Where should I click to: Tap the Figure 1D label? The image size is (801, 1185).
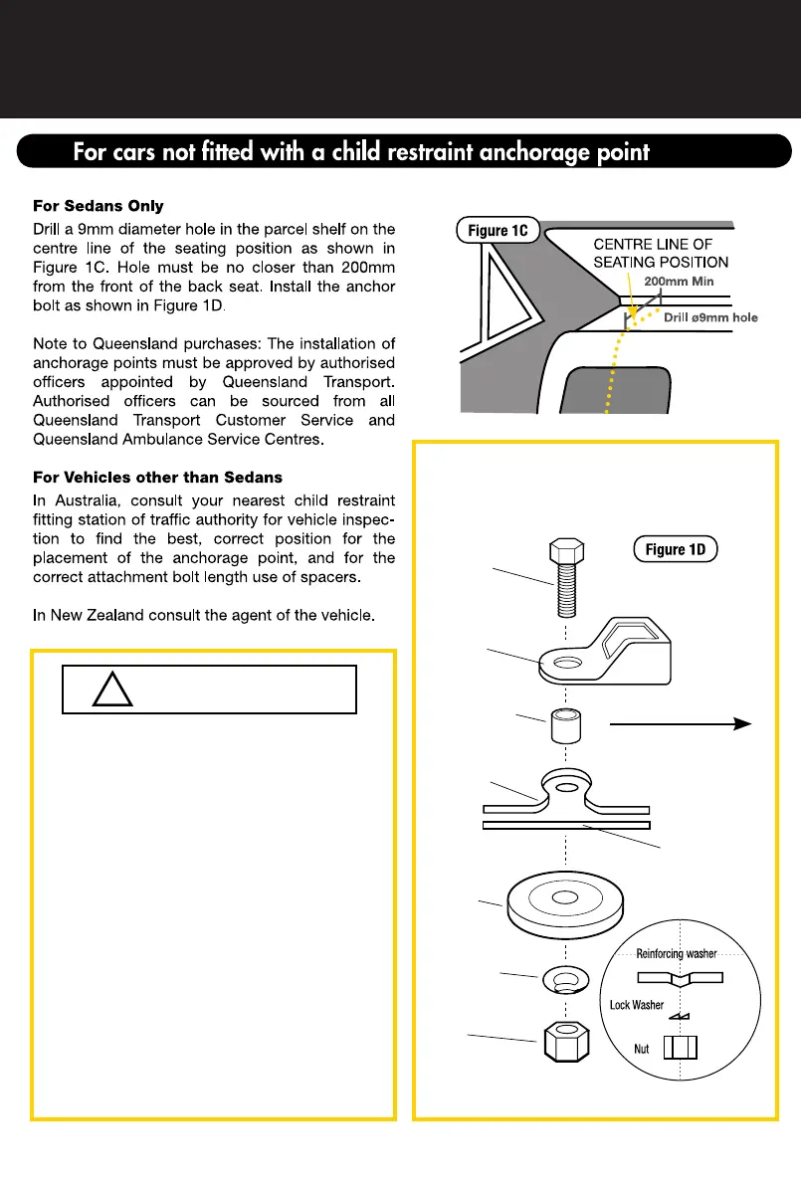pos(675,549)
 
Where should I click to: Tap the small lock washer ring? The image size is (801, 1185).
pos(565,980)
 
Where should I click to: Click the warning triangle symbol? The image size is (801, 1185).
pos(112,690)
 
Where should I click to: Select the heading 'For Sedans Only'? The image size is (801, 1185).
pos(99,206)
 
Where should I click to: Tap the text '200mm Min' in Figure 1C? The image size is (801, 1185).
pos(679,282)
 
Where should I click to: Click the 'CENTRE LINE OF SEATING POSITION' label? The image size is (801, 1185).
pos(661,253)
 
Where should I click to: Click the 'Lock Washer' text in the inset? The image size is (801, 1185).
pos(637,1005)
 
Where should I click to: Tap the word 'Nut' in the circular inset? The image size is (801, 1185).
pos(644,1049)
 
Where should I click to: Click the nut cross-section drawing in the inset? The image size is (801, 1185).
pos(680,1049)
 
